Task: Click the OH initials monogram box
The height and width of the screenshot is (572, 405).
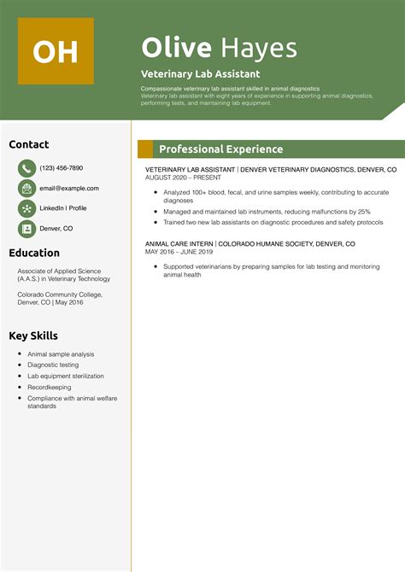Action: click(56, 50)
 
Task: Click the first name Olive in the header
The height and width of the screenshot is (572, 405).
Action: click(176, 48)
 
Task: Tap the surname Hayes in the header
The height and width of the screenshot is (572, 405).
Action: click(258, 48)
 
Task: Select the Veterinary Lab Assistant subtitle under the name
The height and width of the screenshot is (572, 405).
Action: click(200, 73)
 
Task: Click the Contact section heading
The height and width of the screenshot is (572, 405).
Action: click(29, 144)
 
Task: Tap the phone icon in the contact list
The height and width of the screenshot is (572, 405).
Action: click(26, 168)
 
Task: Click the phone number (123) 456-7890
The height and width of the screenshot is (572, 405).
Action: click(61, 168)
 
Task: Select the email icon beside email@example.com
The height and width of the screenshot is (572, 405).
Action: click(26, 189)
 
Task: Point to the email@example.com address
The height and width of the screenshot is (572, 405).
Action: click(69, 189)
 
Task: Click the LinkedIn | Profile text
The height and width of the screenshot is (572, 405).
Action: click(63, 208)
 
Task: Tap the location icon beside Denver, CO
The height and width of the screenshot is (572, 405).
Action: click(26, 229)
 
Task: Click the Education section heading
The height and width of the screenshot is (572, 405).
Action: click(34, 253)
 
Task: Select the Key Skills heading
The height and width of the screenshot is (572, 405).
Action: click(34, 335)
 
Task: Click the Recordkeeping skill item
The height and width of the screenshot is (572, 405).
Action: click(49, 387)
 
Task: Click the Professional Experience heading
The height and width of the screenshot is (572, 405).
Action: click(220, 149)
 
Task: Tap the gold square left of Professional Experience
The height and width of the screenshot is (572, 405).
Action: click(145, 149)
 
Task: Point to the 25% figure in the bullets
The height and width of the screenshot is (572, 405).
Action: click(364, 211)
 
